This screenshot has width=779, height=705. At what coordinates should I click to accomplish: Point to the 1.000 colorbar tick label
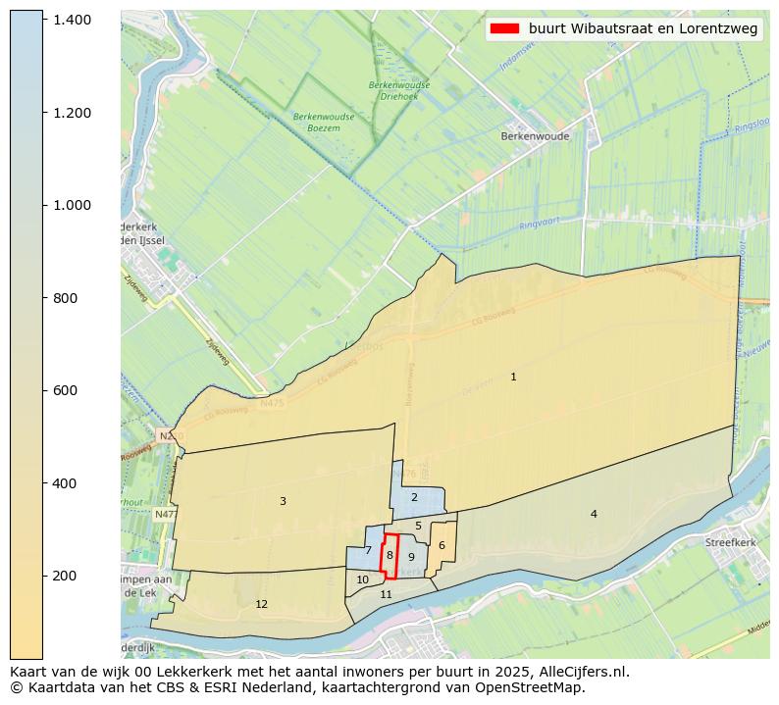point(72,205)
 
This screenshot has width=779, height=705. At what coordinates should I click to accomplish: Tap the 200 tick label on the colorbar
point(65,576)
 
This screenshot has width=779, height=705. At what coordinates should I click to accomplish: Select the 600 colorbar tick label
point(65,390)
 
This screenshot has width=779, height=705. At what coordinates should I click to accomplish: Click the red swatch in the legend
point(505,29)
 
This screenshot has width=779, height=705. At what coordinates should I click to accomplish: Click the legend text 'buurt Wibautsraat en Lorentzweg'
point(643,29)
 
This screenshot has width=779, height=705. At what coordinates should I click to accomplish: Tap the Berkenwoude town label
point(535,136)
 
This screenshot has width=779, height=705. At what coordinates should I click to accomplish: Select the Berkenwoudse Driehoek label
point(399,90)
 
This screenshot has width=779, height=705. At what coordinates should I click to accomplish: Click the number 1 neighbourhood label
point(513,377)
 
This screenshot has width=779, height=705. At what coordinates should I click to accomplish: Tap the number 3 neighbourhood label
point(283,501)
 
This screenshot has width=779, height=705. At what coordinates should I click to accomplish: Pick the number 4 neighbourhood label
point(593,514)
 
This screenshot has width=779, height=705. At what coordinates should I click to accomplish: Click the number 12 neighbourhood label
point(261,604)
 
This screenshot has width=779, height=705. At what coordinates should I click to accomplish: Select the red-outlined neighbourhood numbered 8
point(389,555)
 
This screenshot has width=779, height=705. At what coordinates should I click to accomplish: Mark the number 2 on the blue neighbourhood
point(414,497)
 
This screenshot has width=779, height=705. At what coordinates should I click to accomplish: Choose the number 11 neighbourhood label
point(387,594)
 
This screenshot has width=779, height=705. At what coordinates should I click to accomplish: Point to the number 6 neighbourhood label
point(441,545)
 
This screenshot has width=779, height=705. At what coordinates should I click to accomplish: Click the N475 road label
point(272,402)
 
